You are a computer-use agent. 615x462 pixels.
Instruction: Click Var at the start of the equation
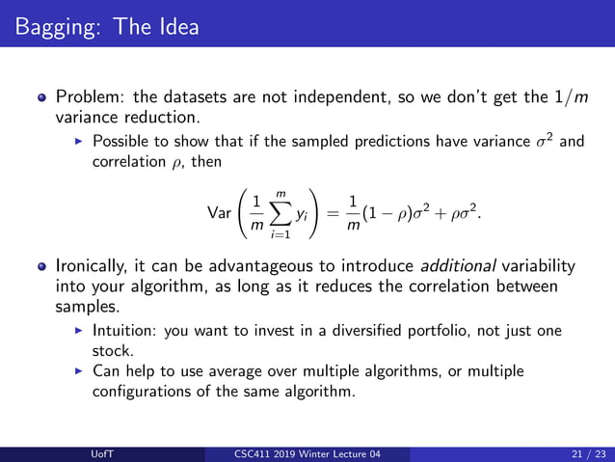click(220, 209)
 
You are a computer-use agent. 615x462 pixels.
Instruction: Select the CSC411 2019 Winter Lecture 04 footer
click(308, 454)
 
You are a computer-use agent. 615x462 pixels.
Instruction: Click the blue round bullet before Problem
click(40, 98)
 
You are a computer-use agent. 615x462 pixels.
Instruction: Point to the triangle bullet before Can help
click(79, 370)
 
